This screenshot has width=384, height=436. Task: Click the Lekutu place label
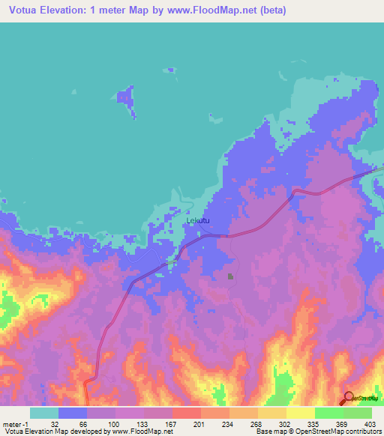point(198,221)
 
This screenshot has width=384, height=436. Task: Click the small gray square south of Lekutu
point(230,277)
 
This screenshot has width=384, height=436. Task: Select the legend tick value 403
point(369,423)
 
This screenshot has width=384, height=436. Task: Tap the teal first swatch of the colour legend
point(44,413)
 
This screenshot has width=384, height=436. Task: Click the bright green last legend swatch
point(358,413)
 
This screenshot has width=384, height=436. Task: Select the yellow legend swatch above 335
point(300,413)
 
